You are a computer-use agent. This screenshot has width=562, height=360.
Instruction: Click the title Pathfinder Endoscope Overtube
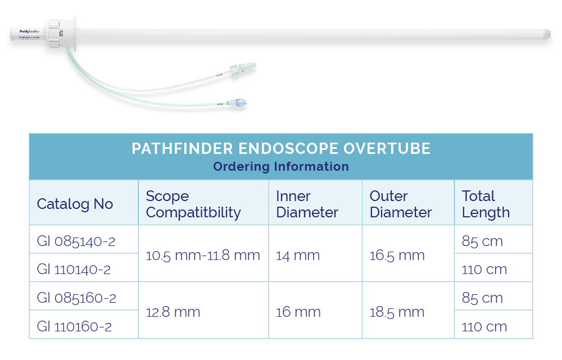[x=281, y=149]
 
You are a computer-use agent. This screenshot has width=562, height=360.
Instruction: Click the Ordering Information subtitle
[x=281, y=167]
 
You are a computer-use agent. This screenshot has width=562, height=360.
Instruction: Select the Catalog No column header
[x=75, y=204]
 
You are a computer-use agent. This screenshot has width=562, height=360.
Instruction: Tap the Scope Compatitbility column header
[x=193, y=204]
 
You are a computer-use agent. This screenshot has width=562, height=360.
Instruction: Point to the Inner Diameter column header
[x=307, y=204]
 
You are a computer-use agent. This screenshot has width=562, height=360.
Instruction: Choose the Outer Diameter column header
[x=400, y=204]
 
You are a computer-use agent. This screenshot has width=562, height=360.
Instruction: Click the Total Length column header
[x=486, y=204]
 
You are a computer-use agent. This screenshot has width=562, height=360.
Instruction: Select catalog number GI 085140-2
[x=76, y=241]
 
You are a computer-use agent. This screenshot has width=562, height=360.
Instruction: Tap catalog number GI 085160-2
[x=76, y=298]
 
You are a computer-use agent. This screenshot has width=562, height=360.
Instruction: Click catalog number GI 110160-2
[x=74, y=326]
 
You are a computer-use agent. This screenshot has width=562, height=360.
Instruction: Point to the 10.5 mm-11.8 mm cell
[x=203, y=256]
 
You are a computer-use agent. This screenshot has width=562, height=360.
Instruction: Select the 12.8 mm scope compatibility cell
[x=173, y=312]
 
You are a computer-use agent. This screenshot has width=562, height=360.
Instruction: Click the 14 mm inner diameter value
[x=298, y=256]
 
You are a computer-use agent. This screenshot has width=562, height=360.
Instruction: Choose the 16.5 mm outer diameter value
[x=397, y=256]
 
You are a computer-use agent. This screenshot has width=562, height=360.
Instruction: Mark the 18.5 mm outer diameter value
[x=397, y=312]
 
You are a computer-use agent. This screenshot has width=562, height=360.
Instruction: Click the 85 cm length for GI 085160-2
[x=482, y=298]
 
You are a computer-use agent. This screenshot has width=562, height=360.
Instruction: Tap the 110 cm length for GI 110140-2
[x=484, y=270]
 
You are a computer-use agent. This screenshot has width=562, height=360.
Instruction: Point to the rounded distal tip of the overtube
[x=547, y=34]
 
